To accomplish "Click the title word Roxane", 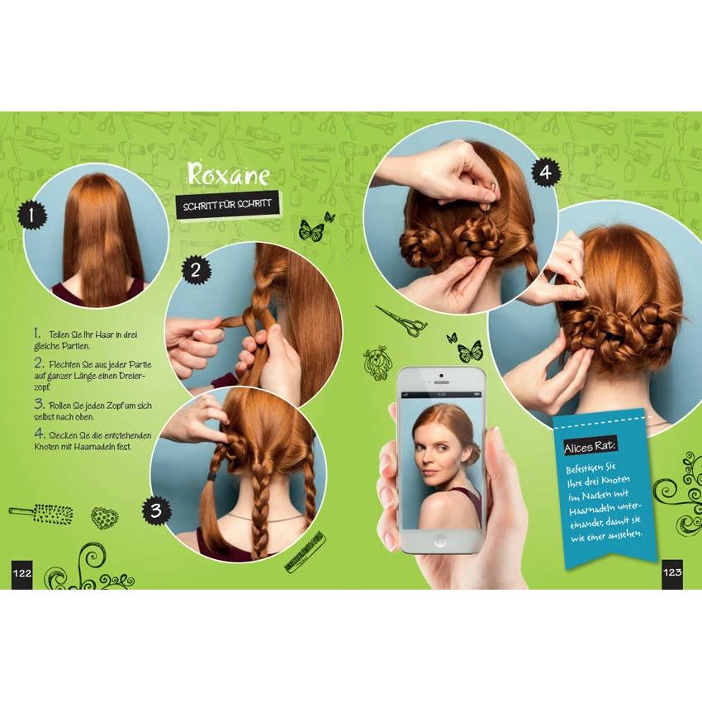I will pyautogui.click(x=228, y=175).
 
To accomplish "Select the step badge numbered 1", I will pyautogui.click(x=30, y=216).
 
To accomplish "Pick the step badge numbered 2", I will pyautogui.click(x=197, y=269).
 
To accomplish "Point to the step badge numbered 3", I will pyautogui.click(x=155, y=510).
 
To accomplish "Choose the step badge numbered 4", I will pyautogui.click(x=544, y=173).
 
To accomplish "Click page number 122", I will pyautogui.click(x=22, y=573).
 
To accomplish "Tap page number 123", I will pyautogui.click(x=671, y=573).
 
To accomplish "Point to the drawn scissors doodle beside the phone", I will pyautogui.click(x=401, y=319).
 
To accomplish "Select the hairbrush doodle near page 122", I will pyautogui.click(x=41, y=513).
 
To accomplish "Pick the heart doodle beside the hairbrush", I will pyautogui.click(x=104, y=517).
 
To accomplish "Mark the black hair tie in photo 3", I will pyautogui.click(x=212, y=476).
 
